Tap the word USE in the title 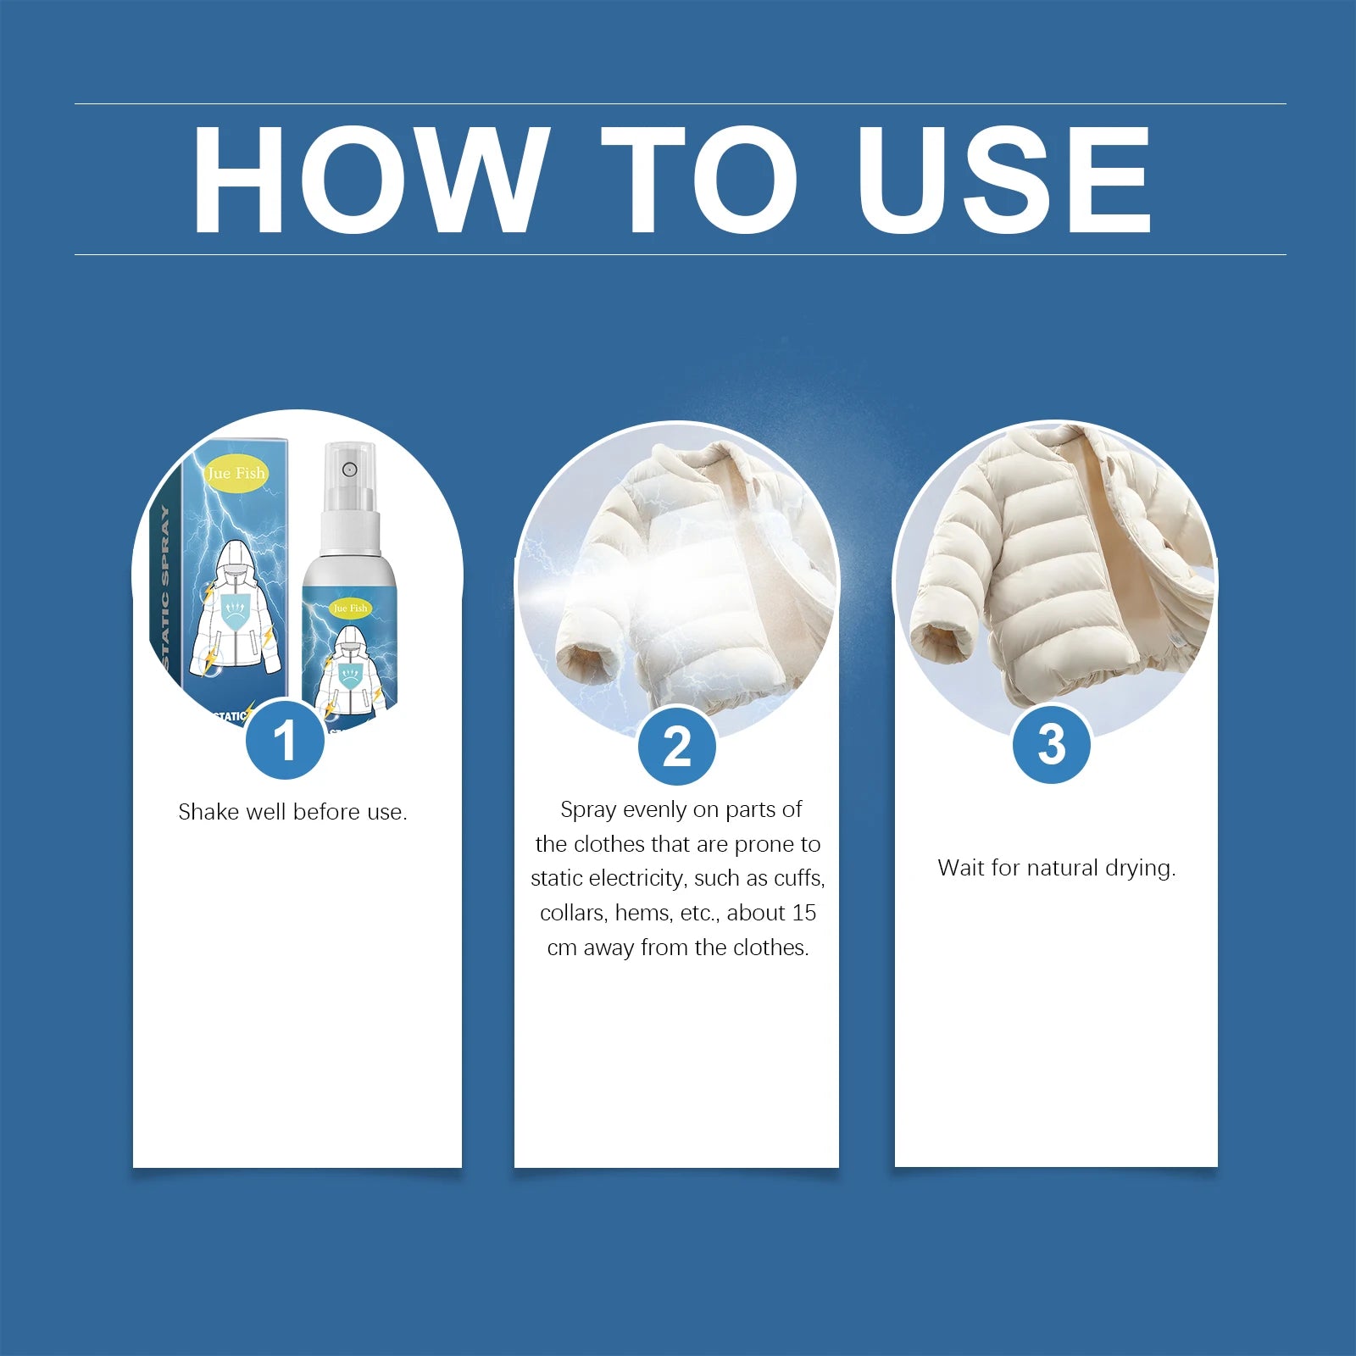(x=1004, y=179)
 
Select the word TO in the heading (x=700, y=179)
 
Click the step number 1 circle (x=286, y=740)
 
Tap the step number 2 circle (x=676, y=746)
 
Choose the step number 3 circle (x=1052, y=744)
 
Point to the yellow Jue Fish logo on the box (x=236, y=473)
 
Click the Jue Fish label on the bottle (x=350, y=608)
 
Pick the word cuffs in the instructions (x=799, y=878)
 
